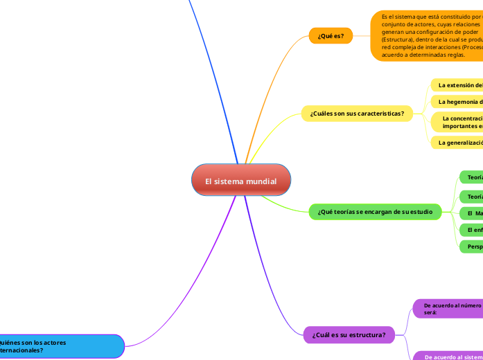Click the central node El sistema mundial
(240, 181)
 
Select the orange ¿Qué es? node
(331, 36)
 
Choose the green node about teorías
(375, 212)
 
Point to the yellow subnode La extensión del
(457, 85)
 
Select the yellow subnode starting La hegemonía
(457, 102)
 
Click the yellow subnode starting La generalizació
(457, 143)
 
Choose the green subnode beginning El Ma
(471, 213)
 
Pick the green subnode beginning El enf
(471, 229)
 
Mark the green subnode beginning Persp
(471, 246)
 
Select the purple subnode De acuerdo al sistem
(450, 357)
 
